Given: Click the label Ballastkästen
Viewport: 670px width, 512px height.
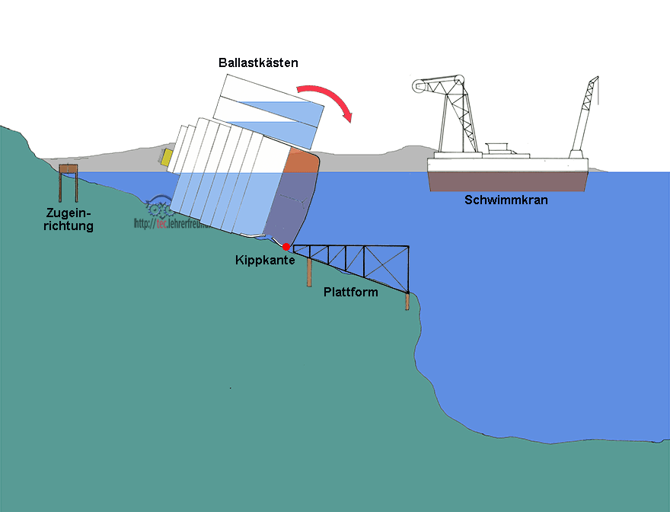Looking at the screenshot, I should (x=259, y=62).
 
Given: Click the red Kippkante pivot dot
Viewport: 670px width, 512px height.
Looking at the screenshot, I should (x=286, y=247).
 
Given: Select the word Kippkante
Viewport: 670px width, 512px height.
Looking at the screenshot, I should (x=265, y=261).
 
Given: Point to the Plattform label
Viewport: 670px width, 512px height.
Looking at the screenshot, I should (x=350, y=293).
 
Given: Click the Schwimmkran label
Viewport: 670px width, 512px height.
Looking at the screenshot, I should (x=506, y=200).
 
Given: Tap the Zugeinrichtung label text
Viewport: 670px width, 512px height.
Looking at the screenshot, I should (x=69, y=219).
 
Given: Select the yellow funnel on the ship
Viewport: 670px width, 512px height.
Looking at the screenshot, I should (x=166, y=157).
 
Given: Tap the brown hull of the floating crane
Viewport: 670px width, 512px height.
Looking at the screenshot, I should (x=507, y=180).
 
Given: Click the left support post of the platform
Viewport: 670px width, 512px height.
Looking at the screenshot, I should (x=309, y=272).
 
